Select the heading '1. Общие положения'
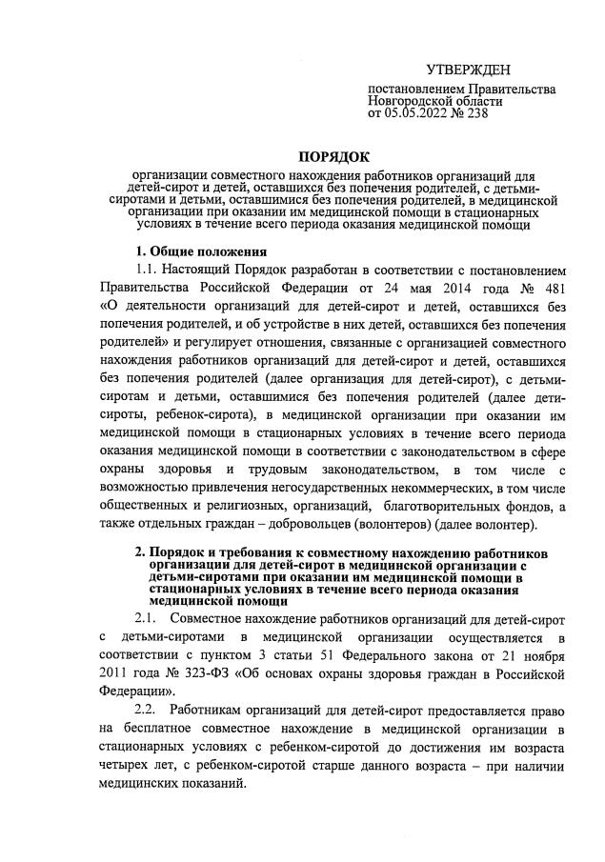tap(200, 251)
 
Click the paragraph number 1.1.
tap(151, 271)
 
